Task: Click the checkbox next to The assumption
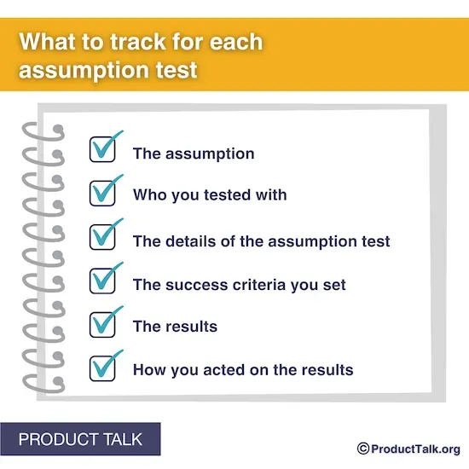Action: pos(102,149)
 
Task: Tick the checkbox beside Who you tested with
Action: pos(102,193)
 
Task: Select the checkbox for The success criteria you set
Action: pos(102,281)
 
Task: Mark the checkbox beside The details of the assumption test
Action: pos(102,237)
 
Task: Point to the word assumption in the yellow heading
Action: pos(80,69)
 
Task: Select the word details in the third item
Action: pos(188,240)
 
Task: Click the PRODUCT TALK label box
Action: pos(80,441)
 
